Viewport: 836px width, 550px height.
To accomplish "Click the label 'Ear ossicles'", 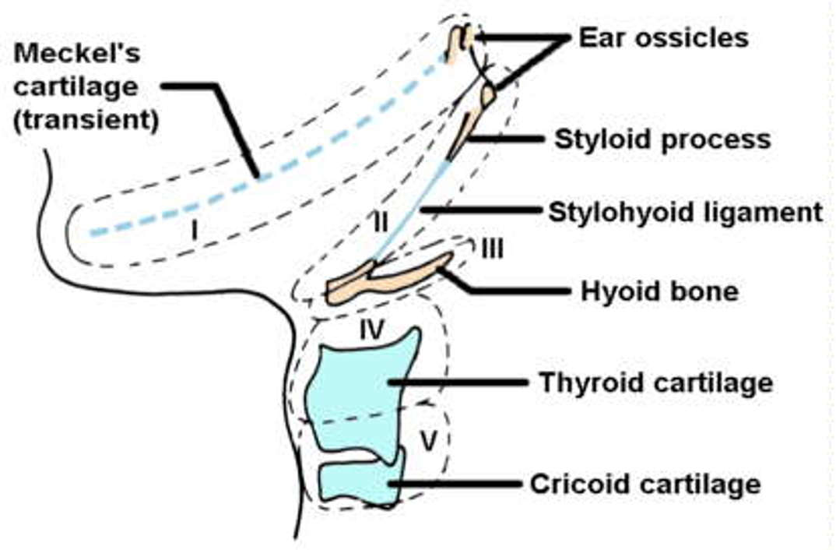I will coord(663,37).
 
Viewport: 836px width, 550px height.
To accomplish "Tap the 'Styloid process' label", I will coord(662,139).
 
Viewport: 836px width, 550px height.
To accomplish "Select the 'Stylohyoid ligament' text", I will coord(685,211).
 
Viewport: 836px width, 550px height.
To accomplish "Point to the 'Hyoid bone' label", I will coord(659,292).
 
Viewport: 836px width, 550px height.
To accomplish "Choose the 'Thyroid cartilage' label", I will coord(655,383).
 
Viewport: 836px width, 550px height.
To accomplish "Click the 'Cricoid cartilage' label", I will coord(645,484).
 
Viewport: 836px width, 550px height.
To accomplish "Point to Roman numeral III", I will coord(492,249).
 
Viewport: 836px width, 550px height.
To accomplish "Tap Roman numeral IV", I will coord(372,330).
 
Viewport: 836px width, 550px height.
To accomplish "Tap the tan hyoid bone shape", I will coord(389,277).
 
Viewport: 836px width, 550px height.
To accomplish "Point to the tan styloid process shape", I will coord(468,132).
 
